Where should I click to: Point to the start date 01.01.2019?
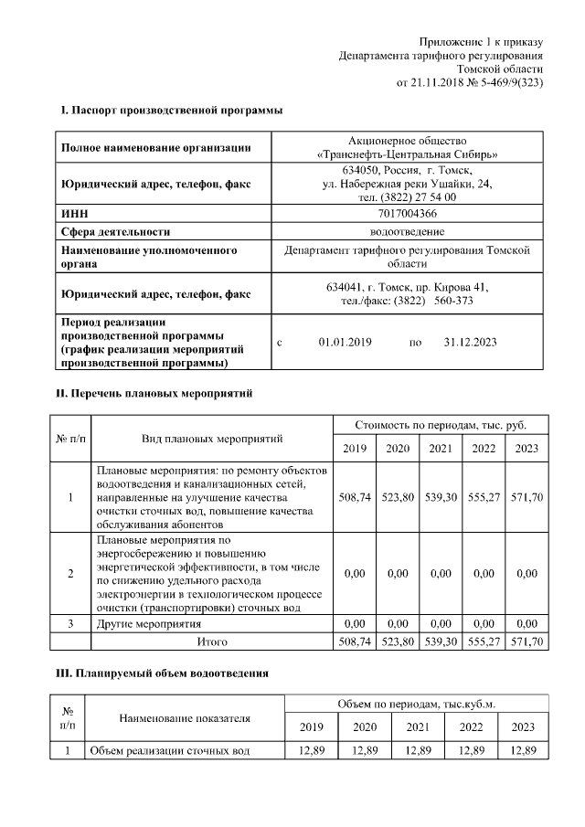[343, 342]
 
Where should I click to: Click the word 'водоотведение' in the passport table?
[407, 231]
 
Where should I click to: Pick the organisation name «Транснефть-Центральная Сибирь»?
[407, 154]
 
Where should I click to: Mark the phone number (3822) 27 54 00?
[407, 196]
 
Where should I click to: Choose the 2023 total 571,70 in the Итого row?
[527, 642]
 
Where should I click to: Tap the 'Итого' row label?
[212, 642]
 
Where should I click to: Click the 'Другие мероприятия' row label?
[148, 624]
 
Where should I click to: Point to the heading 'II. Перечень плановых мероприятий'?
[155, 393]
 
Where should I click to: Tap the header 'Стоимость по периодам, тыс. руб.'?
[440, 425]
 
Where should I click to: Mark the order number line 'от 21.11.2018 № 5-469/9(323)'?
[469, 82]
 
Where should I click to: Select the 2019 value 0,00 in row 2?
[354, 573]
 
